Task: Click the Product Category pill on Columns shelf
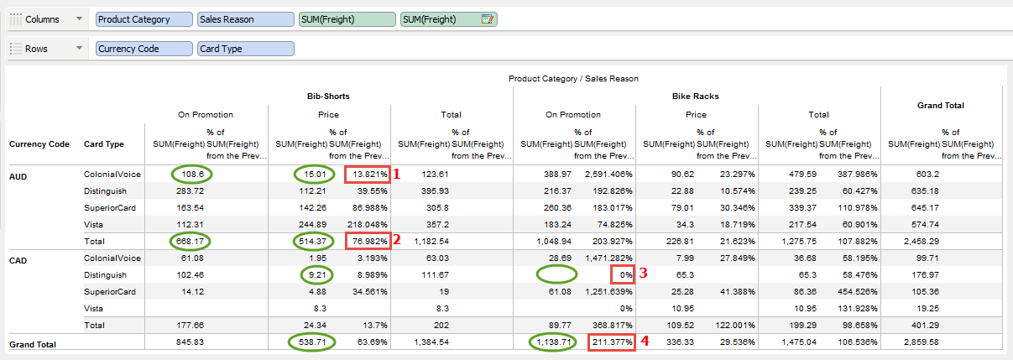click(144, 19)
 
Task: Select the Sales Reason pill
click(244, 19)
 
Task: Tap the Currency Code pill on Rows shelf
click(144, 49)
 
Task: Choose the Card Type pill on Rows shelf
click(246, 49)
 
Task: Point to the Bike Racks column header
click(696, 97)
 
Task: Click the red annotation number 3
click(644, 273)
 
